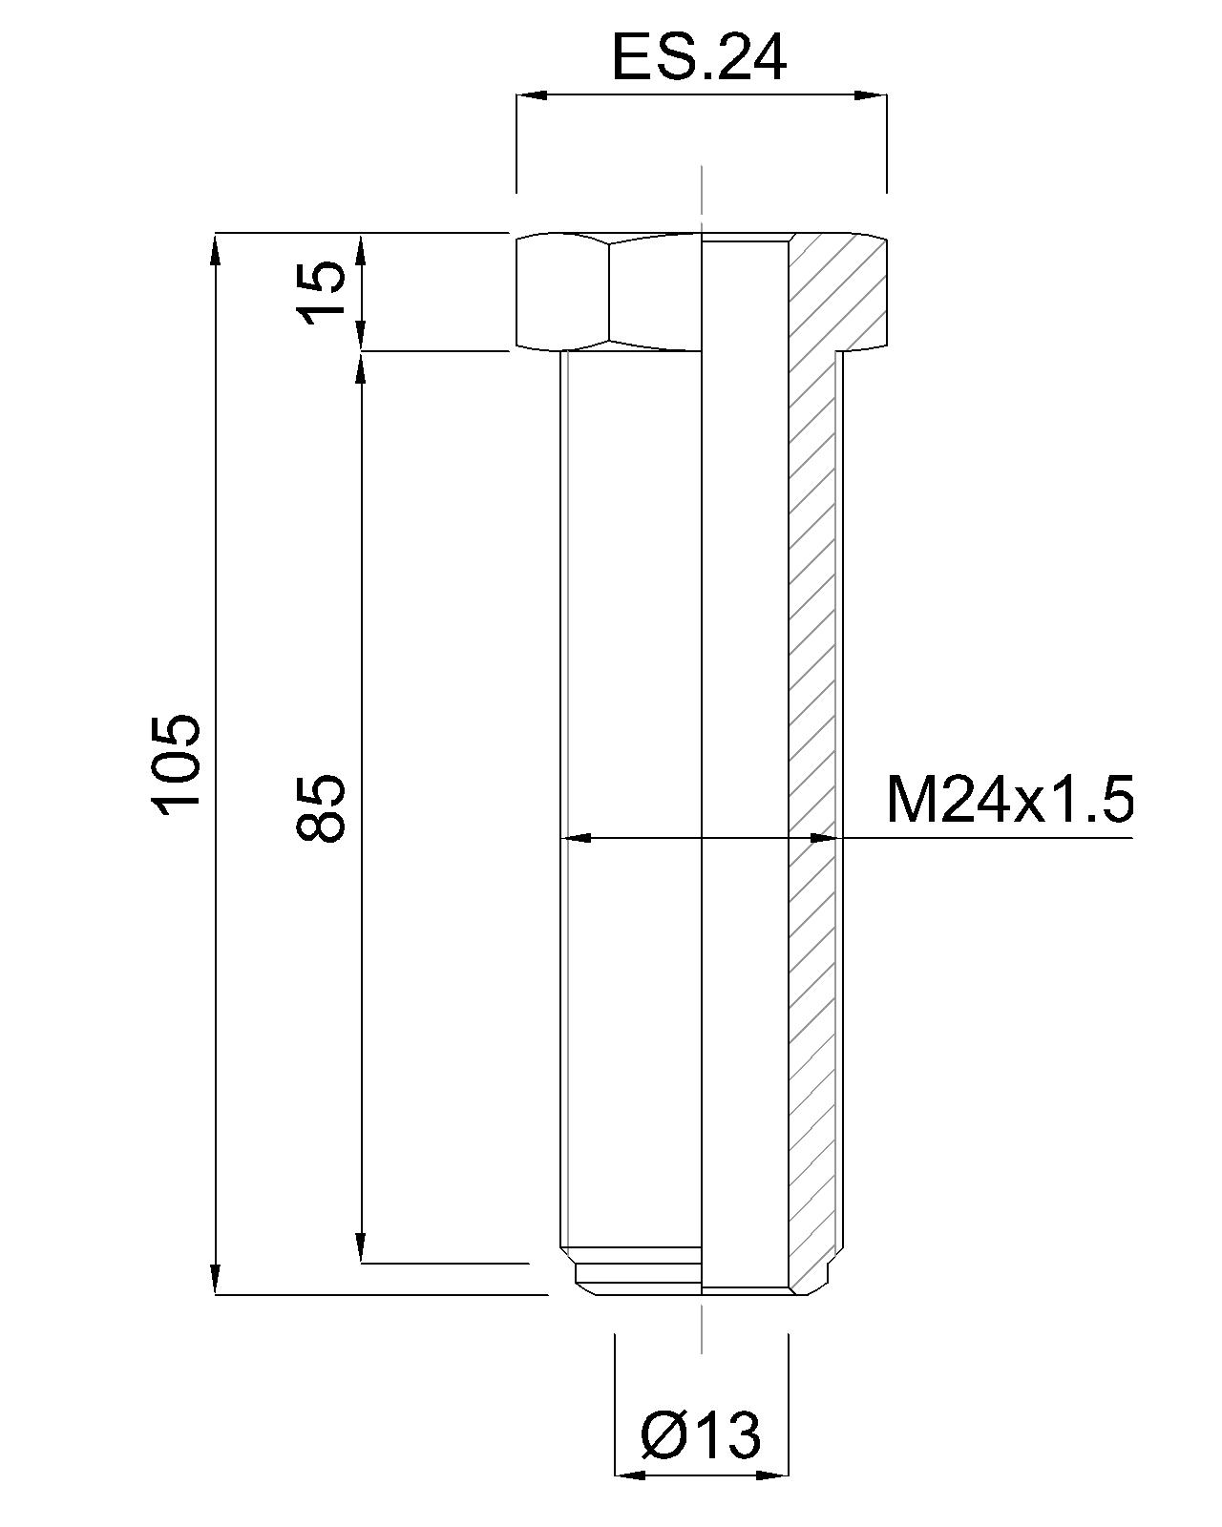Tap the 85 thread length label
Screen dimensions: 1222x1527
[320, 807]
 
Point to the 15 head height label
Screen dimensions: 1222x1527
[323, 292]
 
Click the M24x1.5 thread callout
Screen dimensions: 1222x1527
[1010, 800]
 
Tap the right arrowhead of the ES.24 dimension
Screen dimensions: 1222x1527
[871, 95]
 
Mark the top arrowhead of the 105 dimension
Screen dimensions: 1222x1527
[217, 249]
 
